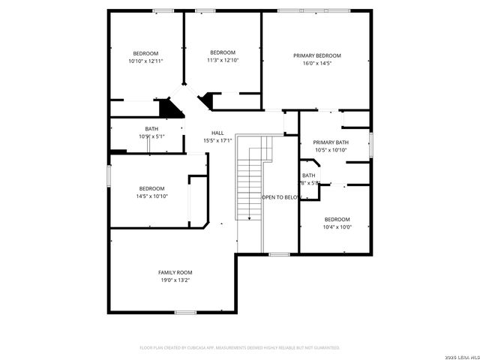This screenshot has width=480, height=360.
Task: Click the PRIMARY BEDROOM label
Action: point(316,55)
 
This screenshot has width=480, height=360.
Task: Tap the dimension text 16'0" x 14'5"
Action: point(316,64)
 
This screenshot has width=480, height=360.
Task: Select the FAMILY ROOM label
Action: point(175,271)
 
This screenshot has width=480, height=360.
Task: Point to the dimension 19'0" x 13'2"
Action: point(175,280)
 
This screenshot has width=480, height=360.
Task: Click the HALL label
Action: point(217,133)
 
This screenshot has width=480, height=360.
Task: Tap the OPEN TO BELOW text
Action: point(281,197)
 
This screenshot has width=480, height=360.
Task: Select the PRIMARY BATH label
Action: point(331,142)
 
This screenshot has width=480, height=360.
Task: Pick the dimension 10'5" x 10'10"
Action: point(331,150)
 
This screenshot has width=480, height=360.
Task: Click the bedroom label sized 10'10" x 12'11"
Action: point(145,52)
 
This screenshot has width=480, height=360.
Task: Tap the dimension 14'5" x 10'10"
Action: point(151,196)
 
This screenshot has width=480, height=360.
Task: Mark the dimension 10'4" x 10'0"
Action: point(337,227)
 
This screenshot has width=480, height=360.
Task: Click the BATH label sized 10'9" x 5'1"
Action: point(151,128)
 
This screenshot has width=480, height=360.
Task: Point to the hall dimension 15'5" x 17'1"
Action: point(217,141)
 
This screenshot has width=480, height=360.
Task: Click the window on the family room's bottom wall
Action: point(185,312)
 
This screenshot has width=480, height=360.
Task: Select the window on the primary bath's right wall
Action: point(370,145)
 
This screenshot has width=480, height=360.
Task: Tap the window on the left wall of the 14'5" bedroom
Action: point(109,175)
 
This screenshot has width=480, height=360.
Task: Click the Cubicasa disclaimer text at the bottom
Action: point(240,348)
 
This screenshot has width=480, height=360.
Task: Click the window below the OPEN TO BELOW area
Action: point(279,254)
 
